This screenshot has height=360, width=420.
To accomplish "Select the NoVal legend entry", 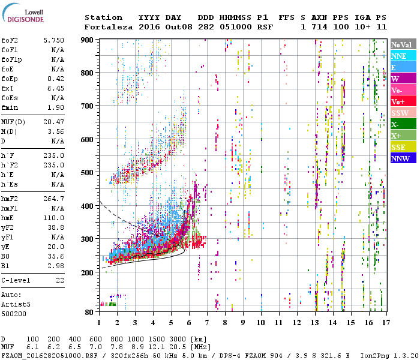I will (403, 44).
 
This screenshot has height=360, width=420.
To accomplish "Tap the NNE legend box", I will (403, 56).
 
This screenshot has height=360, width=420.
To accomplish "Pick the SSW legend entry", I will (403, 113).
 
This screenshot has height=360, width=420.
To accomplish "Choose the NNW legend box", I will (403, 159).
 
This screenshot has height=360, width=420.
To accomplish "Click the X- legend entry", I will (403, 125).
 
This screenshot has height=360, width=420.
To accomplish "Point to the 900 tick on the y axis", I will (88, 40).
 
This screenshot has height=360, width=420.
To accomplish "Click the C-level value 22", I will (59, 280).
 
